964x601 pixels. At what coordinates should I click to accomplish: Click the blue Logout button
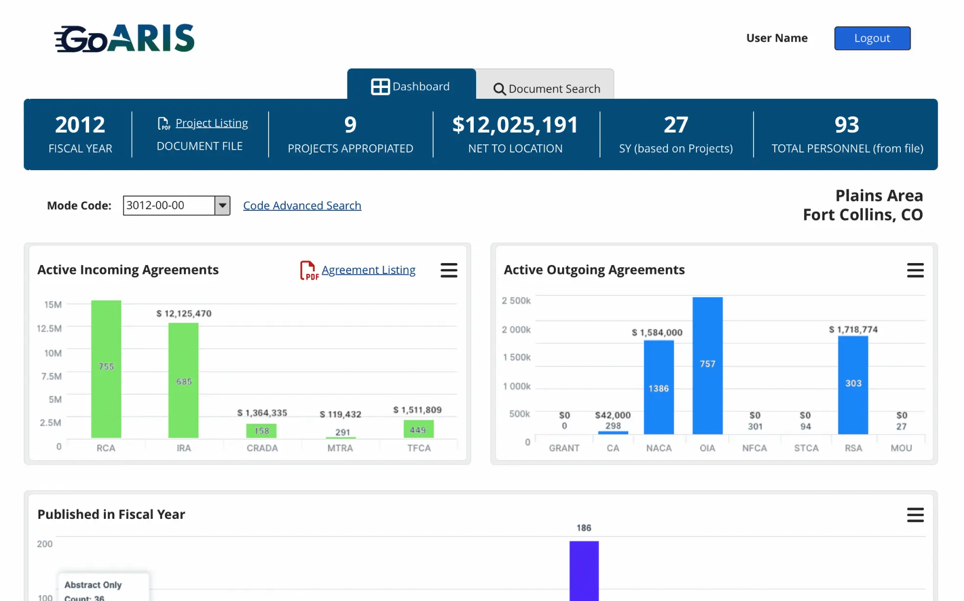872,38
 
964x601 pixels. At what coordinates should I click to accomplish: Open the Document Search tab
546,88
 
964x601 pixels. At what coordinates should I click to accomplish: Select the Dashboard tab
411,87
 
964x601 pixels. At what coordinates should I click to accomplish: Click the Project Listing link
211,123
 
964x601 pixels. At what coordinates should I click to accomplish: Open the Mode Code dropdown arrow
223,205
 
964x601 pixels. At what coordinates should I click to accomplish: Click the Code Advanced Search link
302,205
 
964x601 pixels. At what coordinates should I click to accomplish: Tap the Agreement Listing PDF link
368,270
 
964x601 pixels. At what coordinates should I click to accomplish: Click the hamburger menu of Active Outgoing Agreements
915,270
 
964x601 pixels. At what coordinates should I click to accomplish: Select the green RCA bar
106,369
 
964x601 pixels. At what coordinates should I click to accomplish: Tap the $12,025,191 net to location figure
515,125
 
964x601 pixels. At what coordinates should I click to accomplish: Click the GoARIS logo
125,38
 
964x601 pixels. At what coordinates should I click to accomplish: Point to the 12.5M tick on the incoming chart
49,328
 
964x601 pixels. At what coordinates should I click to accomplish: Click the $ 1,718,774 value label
853,330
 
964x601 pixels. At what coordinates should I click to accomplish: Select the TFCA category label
419,448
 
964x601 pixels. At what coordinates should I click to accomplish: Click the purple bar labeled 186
584,570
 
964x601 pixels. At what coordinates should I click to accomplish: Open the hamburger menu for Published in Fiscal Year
915,515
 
